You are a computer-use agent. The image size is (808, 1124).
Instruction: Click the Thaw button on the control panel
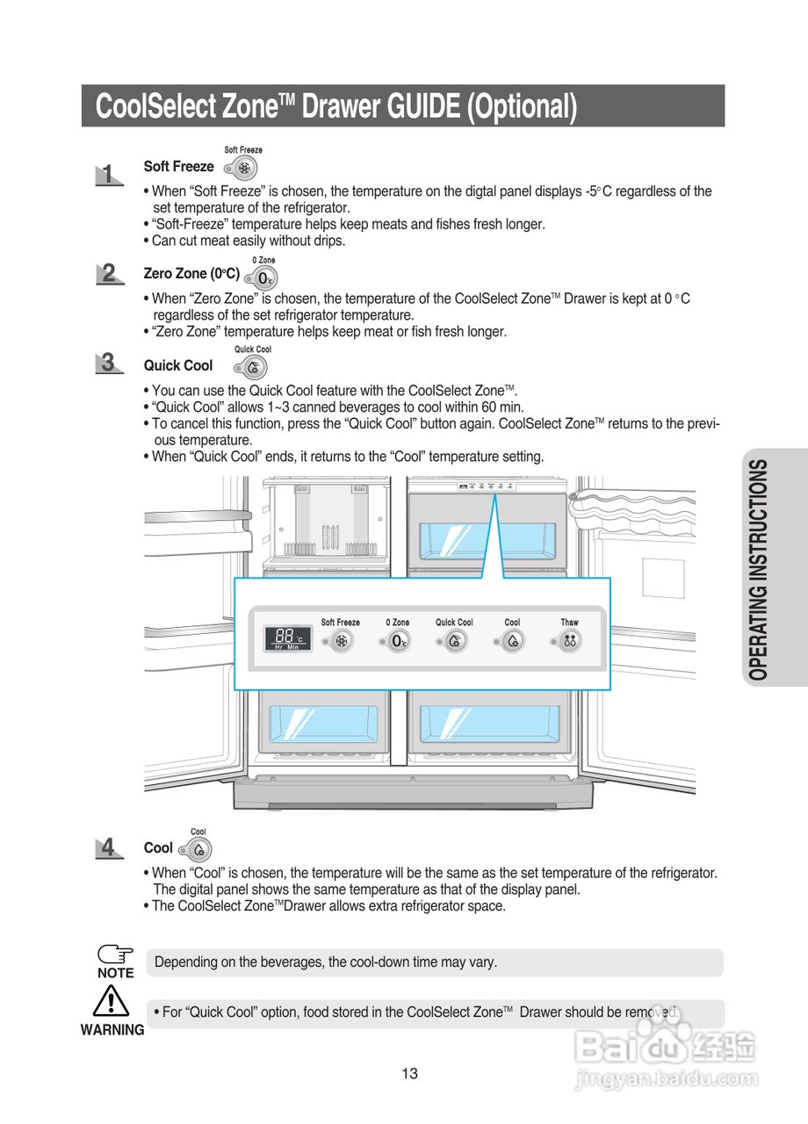tap(570, 641)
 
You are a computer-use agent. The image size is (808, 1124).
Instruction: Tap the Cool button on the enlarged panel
tap(513, 641)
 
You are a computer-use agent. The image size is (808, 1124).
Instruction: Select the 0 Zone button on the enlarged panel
tap(399, 641)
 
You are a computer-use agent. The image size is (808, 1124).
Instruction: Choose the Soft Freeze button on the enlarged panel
tap(343, 641)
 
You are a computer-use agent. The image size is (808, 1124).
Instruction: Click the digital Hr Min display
tap(287, 638)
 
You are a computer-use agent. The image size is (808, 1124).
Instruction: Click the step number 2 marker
tap(108, 274)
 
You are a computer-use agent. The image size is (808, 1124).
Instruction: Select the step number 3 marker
tap(108, 363)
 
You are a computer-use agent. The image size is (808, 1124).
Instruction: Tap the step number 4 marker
tap(108, 847)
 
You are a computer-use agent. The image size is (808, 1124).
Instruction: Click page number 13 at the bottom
tap(409, 1073)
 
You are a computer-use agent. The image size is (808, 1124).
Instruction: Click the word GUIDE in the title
tap(412, 106)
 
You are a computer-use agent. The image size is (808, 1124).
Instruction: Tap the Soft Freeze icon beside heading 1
tap(245, 168)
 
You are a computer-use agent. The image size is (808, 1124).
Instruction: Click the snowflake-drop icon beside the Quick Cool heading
tap(254, 366)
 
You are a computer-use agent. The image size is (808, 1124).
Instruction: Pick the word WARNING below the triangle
tap(112, 1030)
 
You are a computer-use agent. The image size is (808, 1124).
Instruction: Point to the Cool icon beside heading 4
tap(199, 849)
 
